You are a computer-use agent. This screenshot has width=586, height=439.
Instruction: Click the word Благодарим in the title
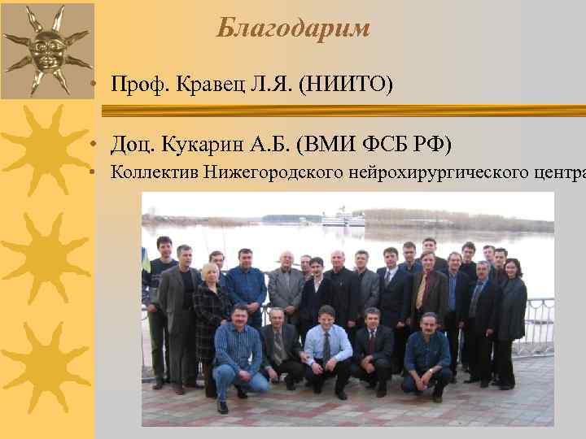pyautogui.click(x=293, y=29)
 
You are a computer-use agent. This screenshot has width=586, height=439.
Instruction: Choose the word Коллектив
pyautogui.click(x=155, y=172)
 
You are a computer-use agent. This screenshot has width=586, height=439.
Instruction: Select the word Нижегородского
pyautogui.click(x=274, y=172)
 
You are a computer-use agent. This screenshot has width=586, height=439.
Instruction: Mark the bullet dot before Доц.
pyautogui.click(x=96, y=146)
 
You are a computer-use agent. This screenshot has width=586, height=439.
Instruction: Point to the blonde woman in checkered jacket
pyautogui.click(x=211, y=305)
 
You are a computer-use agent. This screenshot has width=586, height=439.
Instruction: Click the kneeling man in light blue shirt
pyautogui.click(x=327, y=346)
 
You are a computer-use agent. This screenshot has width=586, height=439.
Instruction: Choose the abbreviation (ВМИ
pyautogui.click(x=325, y=145)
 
